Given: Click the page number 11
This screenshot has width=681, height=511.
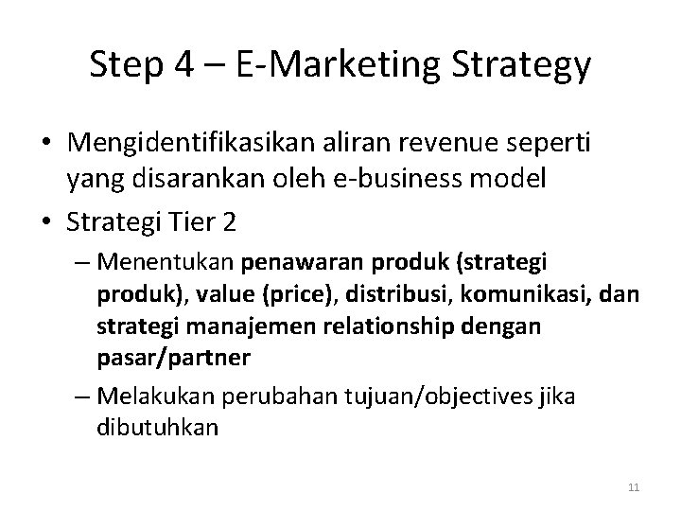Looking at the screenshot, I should [635, 487].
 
